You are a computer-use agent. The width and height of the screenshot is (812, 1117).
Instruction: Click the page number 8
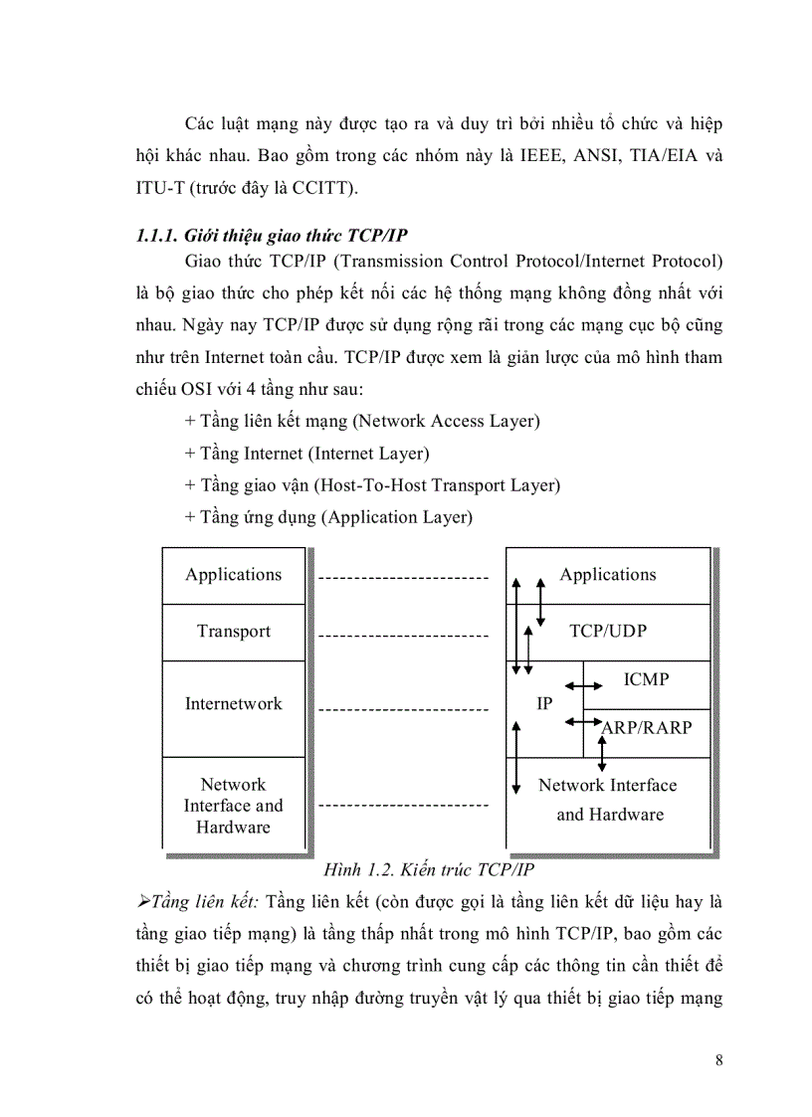point(718,1059)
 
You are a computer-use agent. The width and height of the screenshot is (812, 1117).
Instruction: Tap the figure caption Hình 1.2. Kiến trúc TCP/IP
point(429,869)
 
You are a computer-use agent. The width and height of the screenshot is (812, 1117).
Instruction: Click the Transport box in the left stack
point(234,632)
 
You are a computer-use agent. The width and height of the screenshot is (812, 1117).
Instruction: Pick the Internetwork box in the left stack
point(234,704)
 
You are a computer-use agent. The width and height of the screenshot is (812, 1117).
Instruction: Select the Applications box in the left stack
point(234,575)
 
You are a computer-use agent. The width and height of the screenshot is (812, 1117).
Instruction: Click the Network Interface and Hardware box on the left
point(234,806)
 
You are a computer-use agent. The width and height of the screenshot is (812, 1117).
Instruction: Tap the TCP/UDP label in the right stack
point(607,632)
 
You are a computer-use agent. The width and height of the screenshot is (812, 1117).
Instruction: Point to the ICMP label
point(646,680)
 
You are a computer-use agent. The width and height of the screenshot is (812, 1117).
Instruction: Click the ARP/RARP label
point(647,727)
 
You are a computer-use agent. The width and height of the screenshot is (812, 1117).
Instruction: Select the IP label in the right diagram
point(544,704)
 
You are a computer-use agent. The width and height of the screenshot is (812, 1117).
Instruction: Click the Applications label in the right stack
point(607,575)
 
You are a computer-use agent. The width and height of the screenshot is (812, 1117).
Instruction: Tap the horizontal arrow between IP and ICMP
point(584,685)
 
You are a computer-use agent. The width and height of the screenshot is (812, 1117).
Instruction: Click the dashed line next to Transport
point(404,635)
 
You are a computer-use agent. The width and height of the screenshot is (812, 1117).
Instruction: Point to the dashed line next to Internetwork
point(404,710)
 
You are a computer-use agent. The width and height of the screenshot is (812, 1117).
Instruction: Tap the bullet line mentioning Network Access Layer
point(362,421)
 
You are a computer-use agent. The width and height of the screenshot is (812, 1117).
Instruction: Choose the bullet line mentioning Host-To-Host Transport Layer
point(372,485)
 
